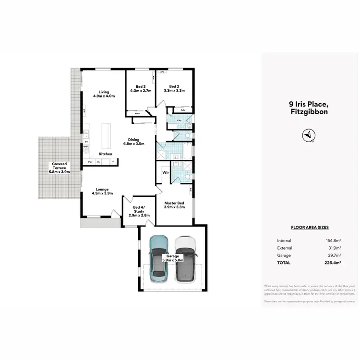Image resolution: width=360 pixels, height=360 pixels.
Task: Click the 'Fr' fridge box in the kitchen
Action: pos(113,162)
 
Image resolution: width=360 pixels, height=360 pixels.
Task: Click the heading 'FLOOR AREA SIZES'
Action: pos(310,228)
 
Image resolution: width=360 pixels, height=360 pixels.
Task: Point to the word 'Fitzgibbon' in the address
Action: pos(310,111)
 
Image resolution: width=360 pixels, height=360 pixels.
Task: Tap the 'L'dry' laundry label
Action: pos(179,120)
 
